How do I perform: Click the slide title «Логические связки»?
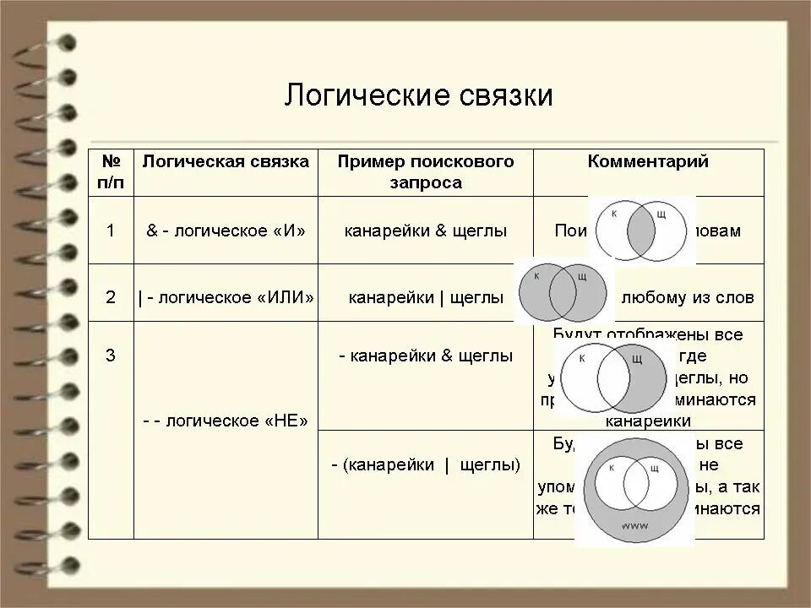coord(418,95)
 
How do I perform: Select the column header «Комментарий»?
coord(648,162)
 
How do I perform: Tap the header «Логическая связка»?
coord(226,162)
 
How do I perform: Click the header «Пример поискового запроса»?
coord(426,172)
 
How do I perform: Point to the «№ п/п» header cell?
coord(112,172)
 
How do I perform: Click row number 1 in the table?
coord(111,231)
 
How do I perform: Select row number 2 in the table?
coord(111,297)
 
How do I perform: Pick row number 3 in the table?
coord(111,356)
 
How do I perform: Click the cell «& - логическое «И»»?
coord(226,231)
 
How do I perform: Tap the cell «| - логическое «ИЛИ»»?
coord(226,298)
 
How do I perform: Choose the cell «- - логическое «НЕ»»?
coord(226,421)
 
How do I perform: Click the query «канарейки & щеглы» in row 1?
coord(426,231)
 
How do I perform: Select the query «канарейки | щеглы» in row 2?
coord(426,298)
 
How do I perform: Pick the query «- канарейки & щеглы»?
coord(426,356)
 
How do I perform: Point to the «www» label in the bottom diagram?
coord(634,525)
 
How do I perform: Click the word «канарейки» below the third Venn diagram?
coord(649,421)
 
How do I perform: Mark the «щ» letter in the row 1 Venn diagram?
coord(661,216)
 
